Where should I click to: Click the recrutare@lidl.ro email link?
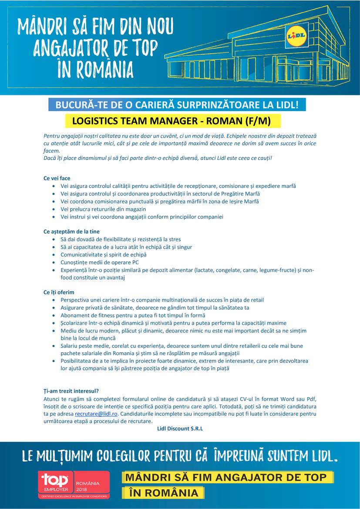coord(97,414)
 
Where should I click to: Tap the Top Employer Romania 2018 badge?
coord(74,484)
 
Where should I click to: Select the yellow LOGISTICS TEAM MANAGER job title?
coord(172,121)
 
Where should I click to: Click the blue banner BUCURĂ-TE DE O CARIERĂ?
coord(177,105)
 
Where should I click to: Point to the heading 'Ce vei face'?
coord(57,179)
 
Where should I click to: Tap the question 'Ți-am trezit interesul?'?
coord(71,391)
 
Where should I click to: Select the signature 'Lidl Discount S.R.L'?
coord(180,428)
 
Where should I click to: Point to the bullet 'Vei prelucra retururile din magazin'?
coord(103,209)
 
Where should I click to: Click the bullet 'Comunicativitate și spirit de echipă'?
coord(104,255)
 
